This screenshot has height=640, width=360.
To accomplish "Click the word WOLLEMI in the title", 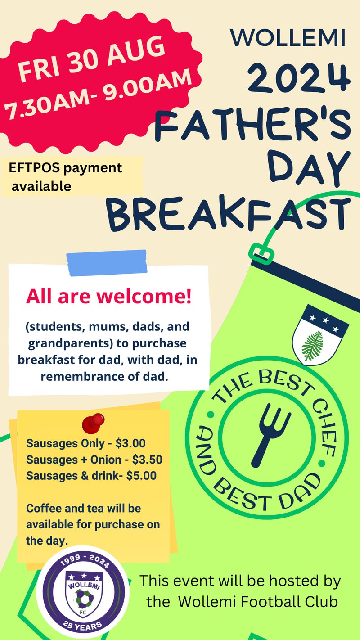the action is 288,37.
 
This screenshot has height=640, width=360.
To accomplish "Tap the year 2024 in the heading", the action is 299,78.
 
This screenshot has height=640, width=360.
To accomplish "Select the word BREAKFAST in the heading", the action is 229,213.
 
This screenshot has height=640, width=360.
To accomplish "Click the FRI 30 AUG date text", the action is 91,59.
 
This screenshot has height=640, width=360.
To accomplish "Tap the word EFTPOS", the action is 34,168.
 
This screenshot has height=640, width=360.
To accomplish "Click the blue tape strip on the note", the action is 107,262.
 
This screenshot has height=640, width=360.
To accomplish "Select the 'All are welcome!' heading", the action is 108,296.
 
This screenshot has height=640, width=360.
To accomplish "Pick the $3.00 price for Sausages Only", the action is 130,443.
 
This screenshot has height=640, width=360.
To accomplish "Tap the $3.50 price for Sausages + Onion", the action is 147,460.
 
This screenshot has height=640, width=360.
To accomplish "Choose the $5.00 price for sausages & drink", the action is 141,475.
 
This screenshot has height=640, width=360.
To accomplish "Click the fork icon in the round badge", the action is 269,435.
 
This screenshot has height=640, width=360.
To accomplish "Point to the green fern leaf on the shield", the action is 314,345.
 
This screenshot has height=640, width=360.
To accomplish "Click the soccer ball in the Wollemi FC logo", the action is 84,596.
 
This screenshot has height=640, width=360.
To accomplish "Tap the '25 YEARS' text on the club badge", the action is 82,625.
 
